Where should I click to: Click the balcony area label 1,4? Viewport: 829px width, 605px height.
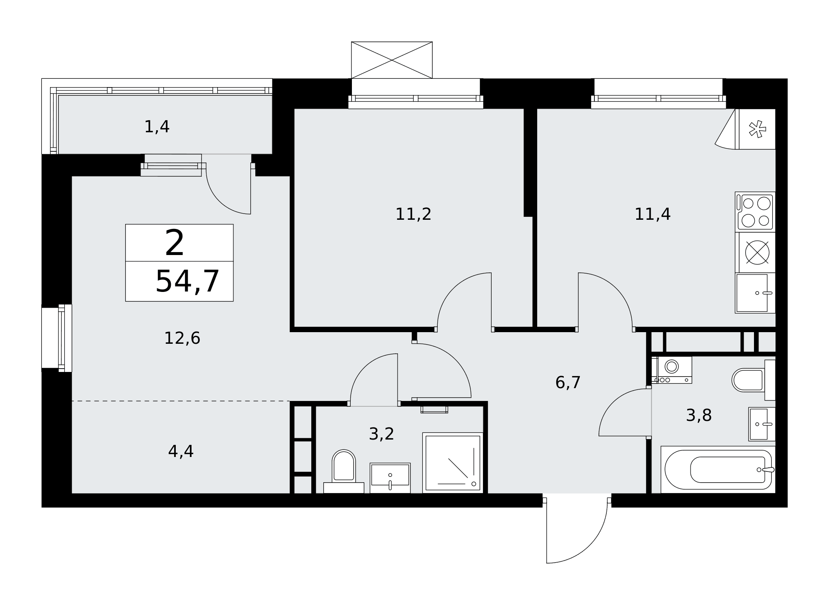pyautogui.click(x=157, y=126)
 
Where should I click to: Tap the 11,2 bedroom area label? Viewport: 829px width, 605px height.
pyautogui.click(x=413, y=214)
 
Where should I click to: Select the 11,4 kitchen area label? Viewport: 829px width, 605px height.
pyautogui.click(x=652, y=214)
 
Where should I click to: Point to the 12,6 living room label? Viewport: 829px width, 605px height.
pyautogui.click(x=182, y=338)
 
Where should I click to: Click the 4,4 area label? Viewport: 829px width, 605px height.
pyautogui.click(x=181, y=451)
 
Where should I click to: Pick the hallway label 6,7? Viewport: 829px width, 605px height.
pyautogui.click(x=567, y=382)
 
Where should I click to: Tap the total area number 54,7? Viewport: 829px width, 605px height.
pyautogui.click(x=187, y=282)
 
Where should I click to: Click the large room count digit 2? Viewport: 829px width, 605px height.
pyautogui.click(x=174, y=243)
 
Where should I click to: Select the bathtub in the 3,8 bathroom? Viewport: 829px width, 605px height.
pyautogui.click(x=717, y=469)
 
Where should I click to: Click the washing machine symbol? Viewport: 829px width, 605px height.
pyautogui.click(x=671, y=369)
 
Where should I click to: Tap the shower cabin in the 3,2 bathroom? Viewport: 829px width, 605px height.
pyautogui.click(x=453, y=463)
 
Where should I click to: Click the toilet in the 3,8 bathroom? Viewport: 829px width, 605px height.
pyautogui.click(x=754, y=380)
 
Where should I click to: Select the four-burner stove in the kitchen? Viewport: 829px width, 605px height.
pyautogui.click(x=755, y=211)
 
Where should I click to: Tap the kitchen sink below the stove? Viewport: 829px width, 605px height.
pyautogui.click(x=755, y=293)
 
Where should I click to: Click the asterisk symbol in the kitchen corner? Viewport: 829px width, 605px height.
pyautogui.click(x=757, y=129)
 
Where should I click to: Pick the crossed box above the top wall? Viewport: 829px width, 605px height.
pyautogui.click(x=392, y=60)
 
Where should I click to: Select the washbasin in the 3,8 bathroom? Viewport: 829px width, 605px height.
pyautogui.click(x=762, y=424)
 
